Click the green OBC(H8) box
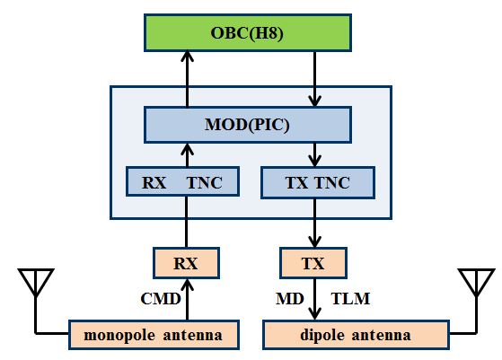pyautogui.click(x=248, y=32)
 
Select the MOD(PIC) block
pyautogui.click(x=248, y=125)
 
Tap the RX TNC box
pyautogui.click(x=182, y=181)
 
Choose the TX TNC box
pyautogui.click(x=318, y=182)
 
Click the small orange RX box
pyautogui.click(x=186, y=263)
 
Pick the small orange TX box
pyautogui.click(x=313, y=263)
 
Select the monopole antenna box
pyautogui.click(x=154, y=335)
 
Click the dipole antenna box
pyautogui.click(x=356, y=335)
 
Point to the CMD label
pyautogui.click(x=161, y=299)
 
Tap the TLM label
pyautogui.click(x=350, y=299)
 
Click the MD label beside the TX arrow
pyautogui.click(x=290, y=299)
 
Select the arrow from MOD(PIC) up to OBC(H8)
pyautogui.click(x=188, y=79)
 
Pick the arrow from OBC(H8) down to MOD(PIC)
pyautogui.click(x=314, y=79)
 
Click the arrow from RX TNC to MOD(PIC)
pyautogui.click(x=188, y=155)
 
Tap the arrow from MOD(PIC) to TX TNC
pyautogui.click(x=314, y=155)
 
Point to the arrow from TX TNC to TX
pyautogui.click(x=314, y=223)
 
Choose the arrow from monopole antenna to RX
pyautogui.click(x=188, y=300)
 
